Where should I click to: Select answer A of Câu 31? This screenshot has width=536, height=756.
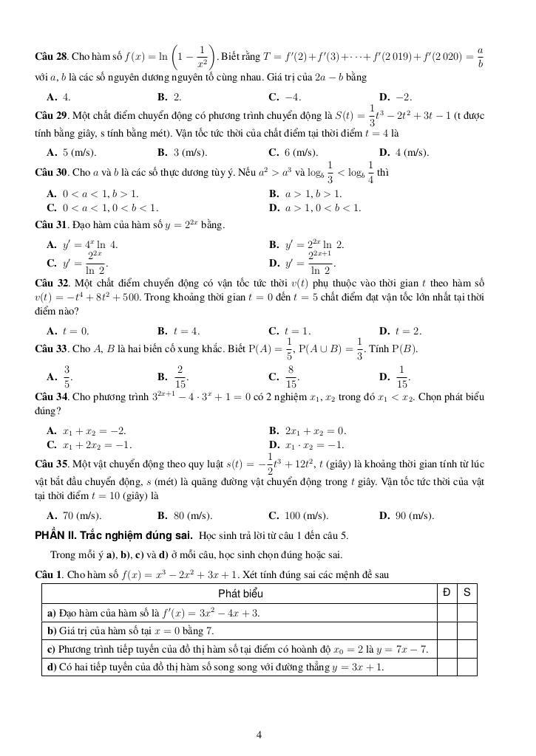(82, 244)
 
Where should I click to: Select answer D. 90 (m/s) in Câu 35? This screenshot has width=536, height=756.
(406, 515)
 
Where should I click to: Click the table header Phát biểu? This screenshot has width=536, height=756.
(240, 593)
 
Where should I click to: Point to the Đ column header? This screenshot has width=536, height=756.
(447, 592)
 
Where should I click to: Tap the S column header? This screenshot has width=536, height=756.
(467, 592)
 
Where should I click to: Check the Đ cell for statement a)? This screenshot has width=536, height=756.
(447, 613)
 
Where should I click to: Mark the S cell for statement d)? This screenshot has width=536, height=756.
(467, 667)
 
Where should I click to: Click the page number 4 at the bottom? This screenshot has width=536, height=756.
(259, 734)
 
